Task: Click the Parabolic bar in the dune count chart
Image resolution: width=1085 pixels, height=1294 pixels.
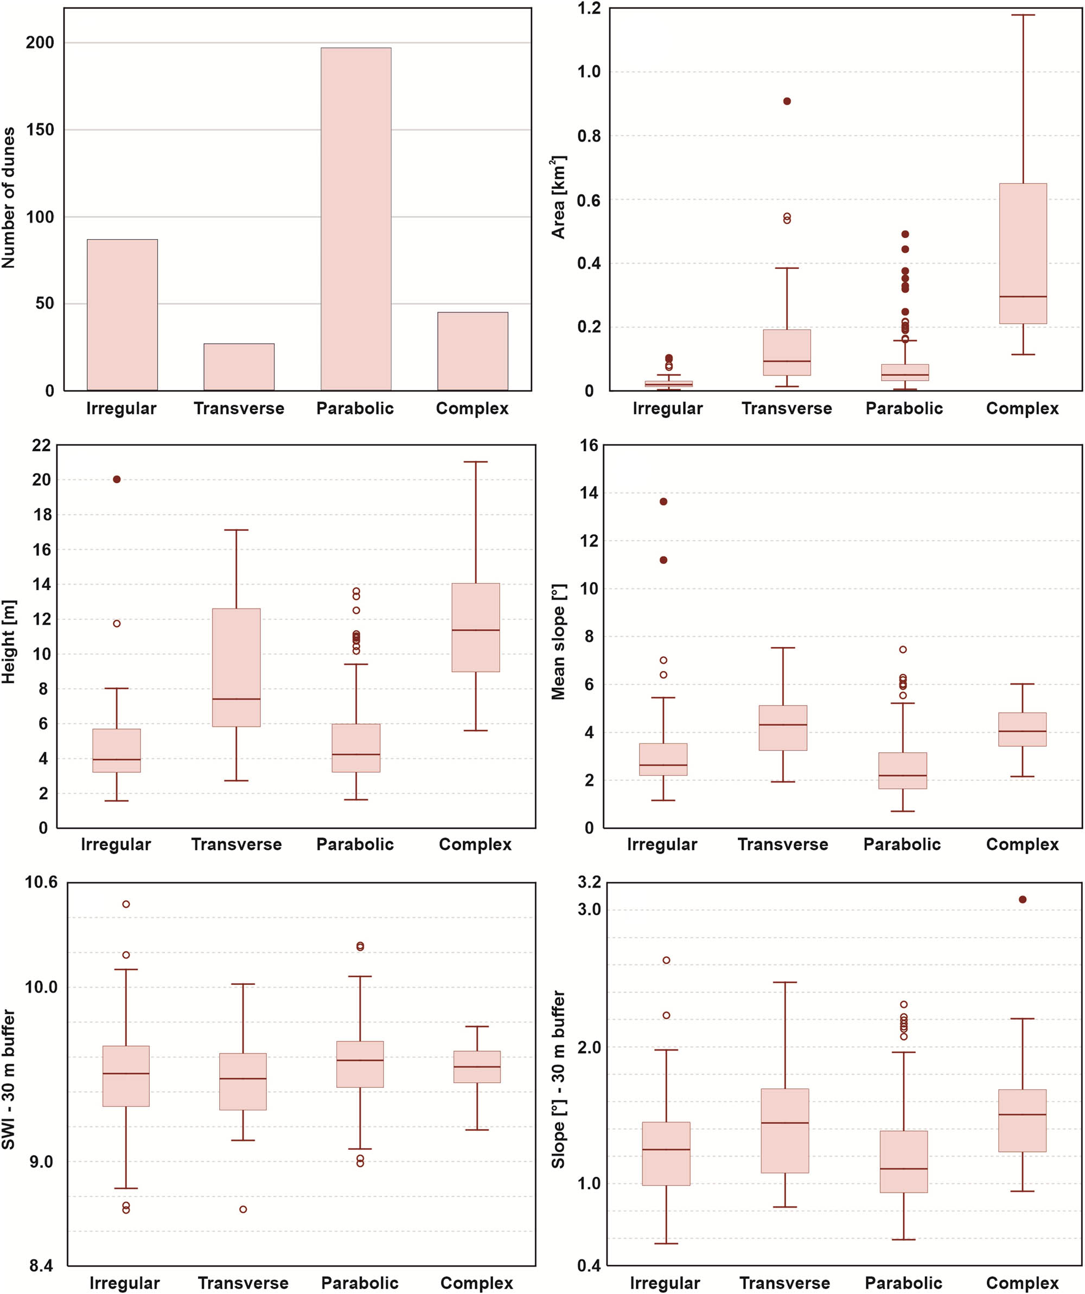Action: [356, 219]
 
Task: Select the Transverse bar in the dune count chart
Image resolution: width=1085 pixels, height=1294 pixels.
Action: [239, 367]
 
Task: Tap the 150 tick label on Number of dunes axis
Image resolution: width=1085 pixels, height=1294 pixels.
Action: [40, 130]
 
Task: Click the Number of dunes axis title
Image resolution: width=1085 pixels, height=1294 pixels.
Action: [9, 198]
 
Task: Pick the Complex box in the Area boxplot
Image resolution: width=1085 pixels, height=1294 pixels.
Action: [1023, 253]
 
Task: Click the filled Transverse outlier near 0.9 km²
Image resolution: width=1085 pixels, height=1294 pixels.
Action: [787, 101]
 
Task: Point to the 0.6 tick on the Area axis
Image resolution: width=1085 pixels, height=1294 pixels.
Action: [588, 200]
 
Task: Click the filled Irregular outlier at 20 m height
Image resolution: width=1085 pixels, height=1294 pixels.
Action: [117, 479]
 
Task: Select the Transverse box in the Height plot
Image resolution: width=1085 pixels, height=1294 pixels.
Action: [236, 667]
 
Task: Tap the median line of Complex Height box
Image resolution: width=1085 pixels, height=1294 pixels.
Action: [475, 630]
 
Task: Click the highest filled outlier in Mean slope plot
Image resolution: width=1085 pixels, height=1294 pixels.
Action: [663, 502]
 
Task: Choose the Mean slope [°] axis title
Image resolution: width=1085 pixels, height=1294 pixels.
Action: [559, 642]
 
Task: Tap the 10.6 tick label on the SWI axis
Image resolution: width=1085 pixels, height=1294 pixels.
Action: [41, 882]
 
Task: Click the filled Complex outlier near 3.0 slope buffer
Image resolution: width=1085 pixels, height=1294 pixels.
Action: [1022, 900]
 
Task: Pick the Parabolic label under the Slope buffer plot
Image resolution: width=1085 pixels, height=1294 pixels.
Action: [903, 1283]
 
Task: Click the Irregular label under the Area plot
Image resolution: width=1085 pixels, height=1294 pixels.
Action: [667, 408]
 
